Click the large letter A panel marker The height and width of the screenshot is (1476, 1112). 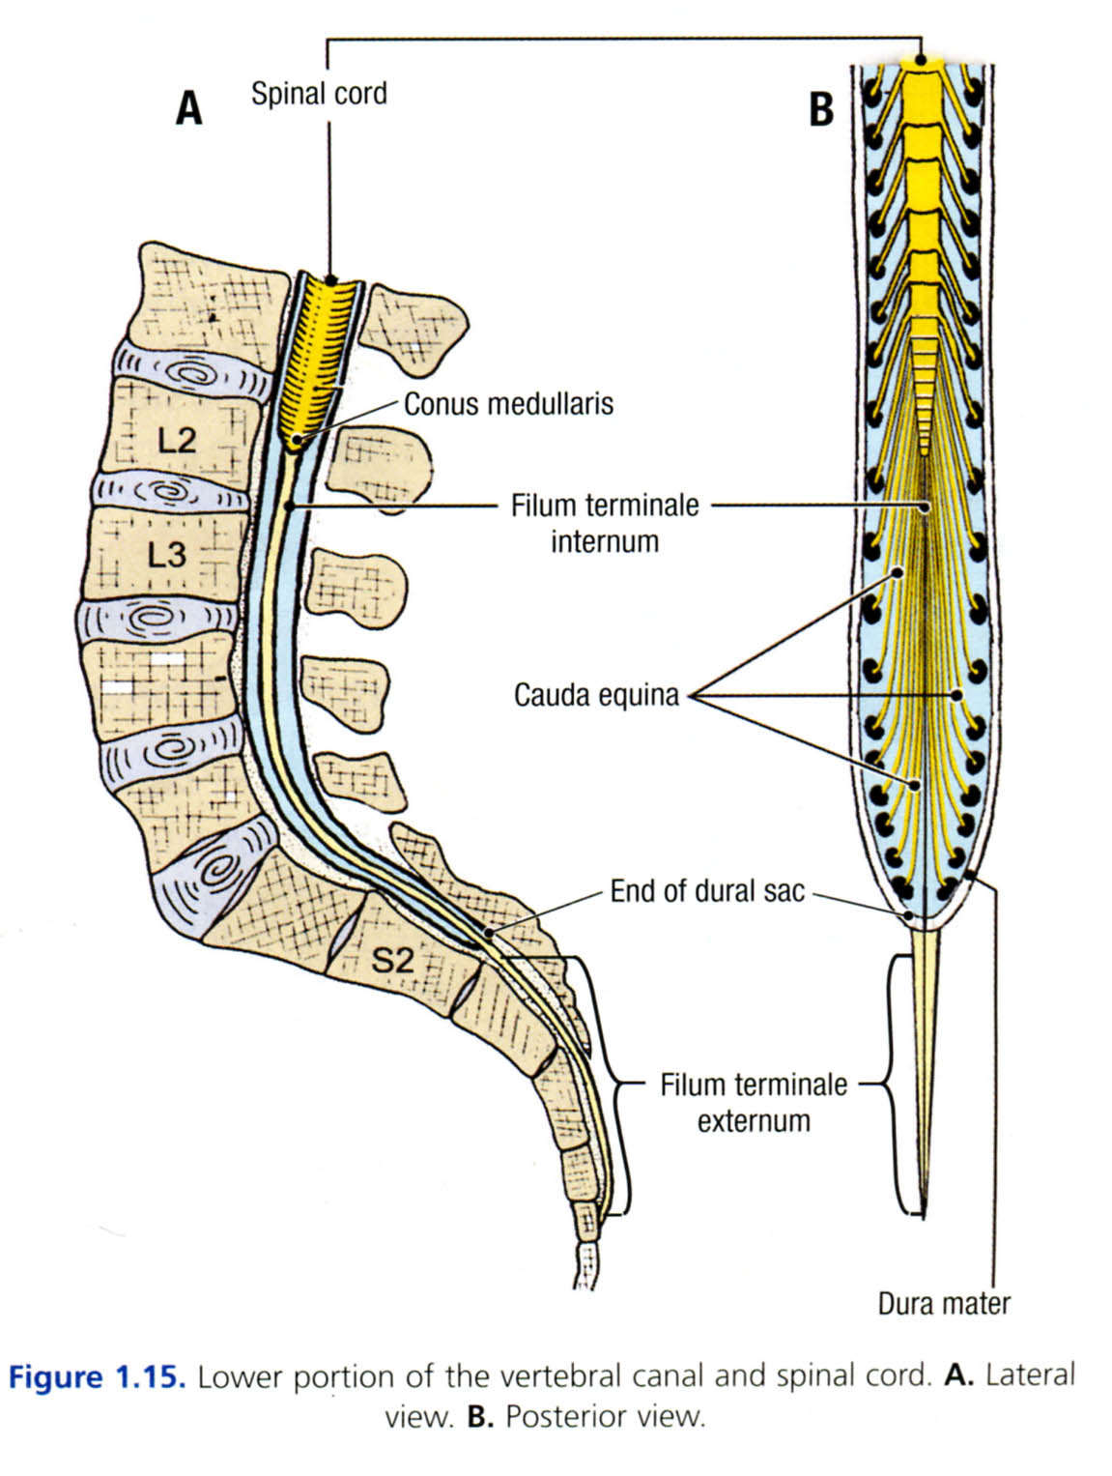[189, 107]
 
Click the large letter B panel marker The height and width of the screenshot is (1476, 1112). [820, 108]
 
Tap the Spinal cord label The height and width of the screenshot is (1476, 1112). [319, 94]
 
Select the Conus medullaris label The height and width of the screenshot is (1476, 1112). [508, 403]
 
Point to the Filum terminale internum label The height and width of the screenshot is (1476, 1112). [605, 522]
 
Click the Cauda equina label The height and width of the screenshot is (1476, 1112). [596, 695]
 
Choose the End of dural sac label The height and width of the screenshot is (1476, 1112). [707, 890]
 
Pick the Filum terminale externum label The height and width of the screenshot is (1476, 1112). [754, 1103]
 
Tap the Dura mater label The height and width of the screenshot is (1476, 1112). [944, 1304]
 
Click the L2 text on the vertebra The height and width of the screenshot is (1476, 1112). [177, 441]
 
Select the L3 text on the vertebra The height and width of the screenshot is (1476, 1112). [166, 555]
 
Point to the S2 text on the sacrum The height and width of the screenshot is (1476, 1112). [393, 960]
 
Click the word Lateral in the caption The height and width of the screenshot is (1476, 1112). [1030, 1375]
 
